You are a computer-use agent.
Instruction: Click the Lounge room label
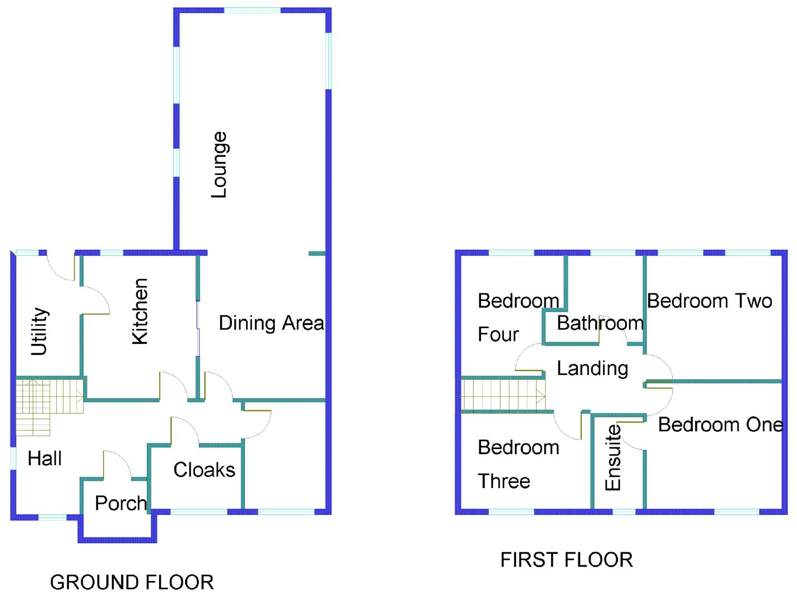coord(220,165)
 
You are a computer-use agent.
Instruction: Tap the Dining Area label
coord(271,323)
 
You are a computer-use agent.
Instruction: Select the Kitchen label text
coord(140,312)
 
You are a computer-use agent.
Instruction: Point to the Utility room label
coord(39,331)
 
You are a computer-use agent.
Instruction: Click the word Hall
coord(44,459)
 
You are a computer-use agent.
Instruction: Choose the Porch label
coord(121,503)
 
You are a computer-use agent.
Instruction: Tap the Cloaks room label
coord(204,470)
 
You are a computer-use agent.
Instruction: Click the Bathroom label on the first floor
coord(600,323)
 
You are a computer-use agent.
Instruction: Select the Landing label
coord(592,368)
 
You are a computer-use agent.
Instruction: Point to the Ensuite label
coord(612,457)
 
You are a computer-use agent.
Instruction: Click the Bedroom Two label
coord(709,301)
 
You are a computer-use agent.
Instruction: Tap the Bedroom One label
coord(720,425)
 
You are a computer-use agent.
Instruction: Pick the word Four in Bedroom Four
coord(498,334)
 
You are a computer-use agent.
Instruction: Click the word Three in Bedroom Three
coord(504,481)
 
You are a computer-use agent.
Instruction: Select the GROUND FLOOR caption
coord(132,582)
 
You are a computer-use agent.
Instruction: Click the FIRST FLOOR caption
coord(566,559)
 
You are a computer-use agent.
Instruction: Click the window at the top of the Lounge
coord(252,11)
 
